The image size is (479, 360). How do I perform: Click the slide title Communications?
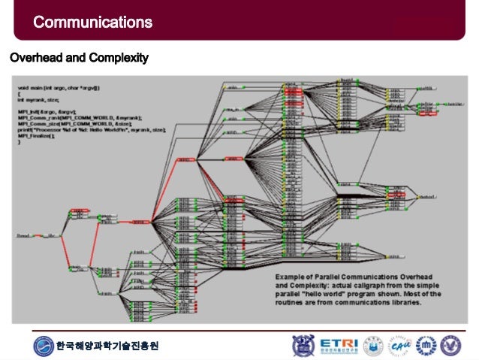click(x=92, y=23)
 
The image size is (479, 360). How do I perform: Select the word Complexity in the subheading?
click(x=121, y=57)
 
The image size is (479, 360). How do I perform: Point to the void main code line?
click(x=64, y=89)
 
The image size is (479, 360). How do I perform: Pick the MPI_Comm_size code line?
click(x=75, y=123)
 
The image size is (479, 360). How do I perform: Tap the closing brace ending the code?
click(x=20, y=143)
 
